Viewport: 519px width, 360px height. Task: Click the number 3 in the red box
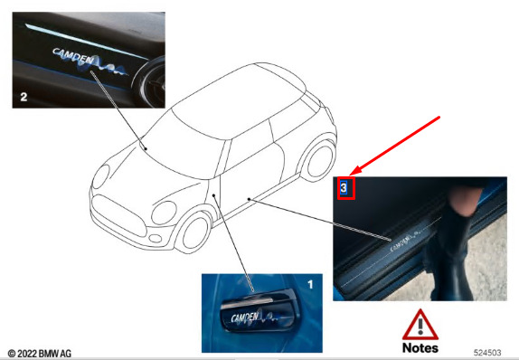(x=344, y=188)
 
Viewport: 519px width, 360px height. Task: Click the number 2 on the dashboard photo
(x=24, y=97)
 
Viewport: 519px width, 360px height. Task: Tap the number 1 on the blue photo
(x=310, y=285)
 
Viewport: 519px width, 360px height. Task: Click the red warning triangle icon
(x=420, y=325)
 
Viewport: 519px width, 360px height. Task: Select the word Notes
(x=420, y=347)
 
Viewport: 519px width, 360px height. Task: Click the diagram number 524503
(x=487, y=353)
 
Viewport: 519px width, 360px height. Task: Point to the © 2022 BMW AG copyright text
(x=39, y=354)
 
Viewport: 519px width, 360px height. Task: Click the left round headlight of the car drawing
(x=100, y=176)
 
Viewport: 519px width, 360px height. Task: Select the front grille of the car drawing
(x=118, y=215)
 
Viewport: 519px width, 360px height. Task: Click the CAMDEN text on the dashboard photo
(x=73, y=56)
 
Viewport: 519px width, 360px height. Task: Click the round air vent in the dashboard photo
(x=150, y=83)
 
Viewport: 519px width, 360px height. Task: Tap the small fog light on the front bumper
(x=156, y=238)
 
